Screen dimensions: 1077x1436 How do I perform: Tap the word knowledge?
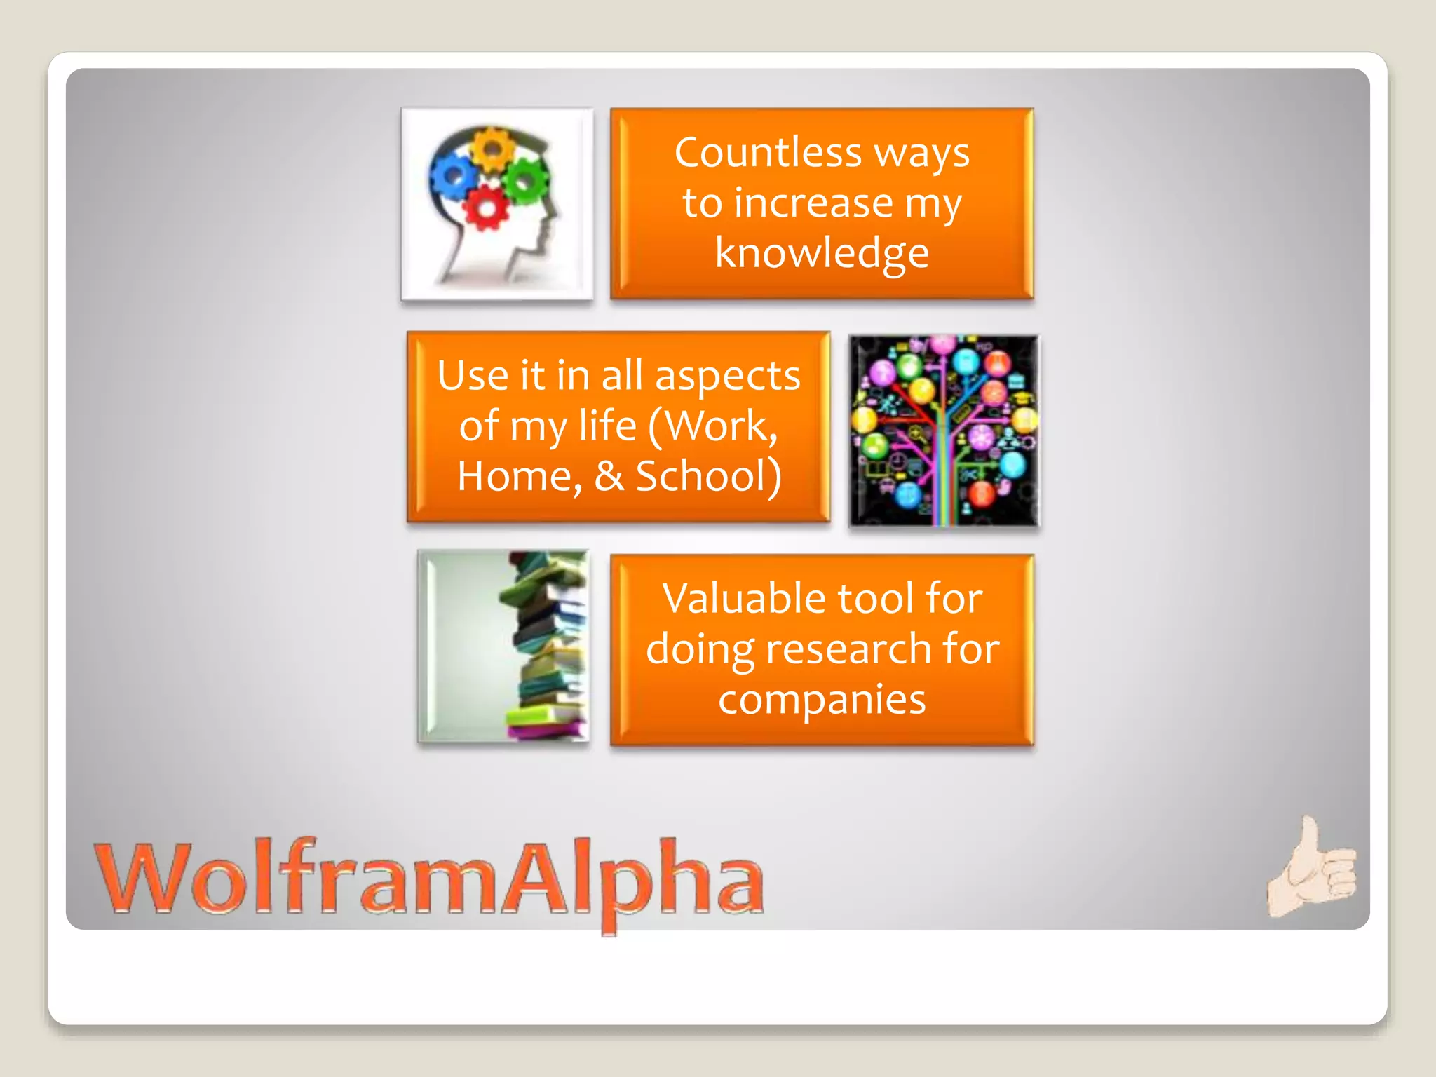[822, 253]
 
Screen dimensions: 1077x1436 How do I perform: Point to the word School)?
[708, 477]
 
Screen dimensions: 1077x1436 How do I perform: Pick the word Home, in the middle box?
[520, 477]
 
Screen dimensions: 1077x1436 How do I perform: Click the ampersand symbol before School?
[609, 477]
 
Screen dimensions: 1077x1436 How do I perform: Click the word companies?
[822, 700]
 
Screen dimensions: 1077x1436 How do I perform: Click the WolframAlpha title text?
[429, 879]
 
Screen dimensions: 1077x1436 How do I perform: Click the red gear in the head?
[486, 208]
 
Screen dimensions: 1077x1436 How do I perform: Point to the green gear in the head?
[526, 179]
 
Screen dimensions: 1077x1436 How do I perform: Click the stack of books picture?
[547, 645]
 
